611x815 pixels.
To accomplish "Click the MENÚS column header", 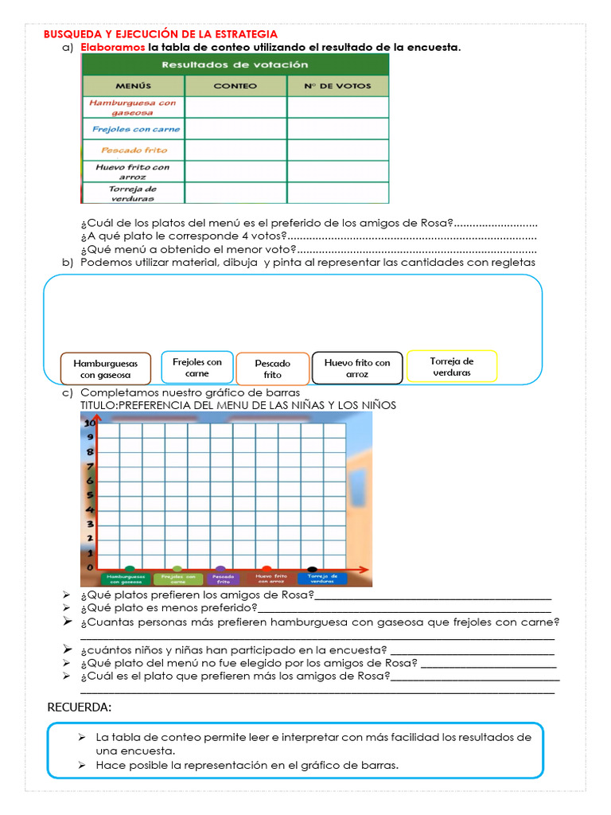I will click(x=133, y=85).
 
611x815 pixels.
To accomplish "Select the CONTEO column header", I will click(x=235, y=85).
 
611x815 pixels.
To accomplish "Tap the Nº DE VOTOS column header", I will click(x=337, y=85).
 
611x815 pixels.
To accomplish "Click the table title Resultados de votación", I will click(x=235, y=64).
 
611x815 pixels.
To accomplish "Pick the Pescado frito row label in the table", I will click(x=134, y=150).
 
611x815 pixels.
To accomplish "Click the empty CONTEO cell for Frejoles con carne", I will click(x=235, y=129).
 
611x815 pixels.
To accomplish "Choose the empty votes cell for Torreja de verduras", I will click(x=337, y=193).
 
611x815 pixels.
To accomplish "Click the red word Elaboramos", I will click(x=112, y=48).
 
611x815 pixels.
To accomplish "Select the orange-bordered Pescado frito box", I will click(x=272, y=369).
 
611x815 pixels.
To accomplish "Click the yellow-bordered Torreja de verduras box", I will click(x=452, y=367).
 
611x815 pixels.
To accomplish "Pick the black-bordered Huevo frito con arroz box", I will click(x=357, y=368).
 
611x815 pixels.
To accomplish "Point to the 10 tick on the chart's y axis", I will click(x=90, y=423).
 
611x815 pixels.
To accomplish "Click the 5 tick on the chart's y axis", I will click(x=90, y=496).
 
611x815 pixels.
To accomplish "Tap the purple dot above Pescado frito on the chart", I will click(x=220, y=570).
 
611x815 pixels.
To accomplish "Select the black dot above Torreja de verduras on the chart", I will click(x=312, y=570).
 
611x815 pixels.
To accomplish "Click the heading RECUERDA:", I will click(x=80, y=708).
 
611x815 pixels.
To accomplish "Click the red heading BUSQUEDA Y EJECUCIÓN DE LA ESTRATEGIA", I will click(x=160, y=34).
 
